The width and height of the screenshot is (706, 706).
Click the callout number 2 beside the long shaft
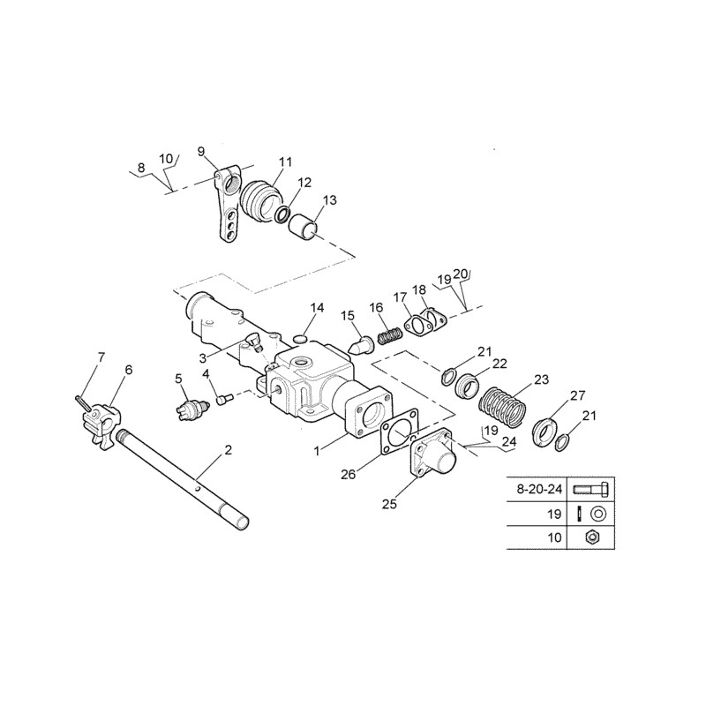tap(229, 450)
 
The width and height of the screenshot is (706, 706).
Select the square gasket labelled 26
tap(400, 431)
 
